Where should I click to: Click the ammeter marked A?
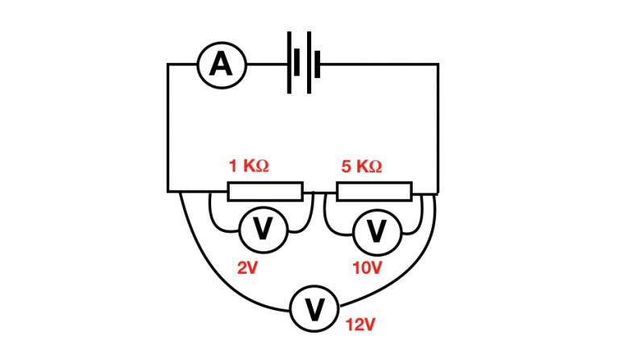coord(220,64)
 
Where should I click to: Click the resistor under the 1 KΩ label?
coord(265,192)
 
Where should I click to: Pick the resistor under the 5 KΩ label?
coord(374,192)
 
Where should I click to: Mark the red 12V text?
coord(360,325)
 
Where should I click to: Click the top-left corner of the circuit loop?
coord(168,64)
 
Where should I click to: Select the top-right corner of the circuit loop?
coord(438,64)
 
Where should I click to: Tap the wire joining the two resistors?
coord(320,192)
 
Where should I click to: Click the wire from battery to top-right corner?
coord(379,64)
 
